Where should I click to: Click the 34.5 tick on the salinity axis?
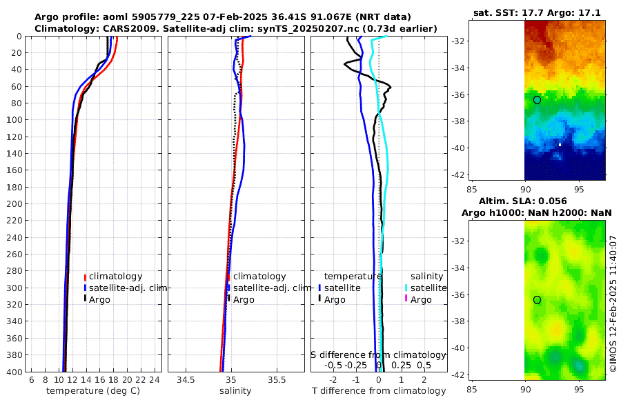(x=186, y=379)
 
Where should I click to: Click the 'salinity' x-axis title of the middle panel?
(x=235, y=391)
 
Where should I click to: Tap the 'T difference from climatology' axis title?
(x=379, y=391)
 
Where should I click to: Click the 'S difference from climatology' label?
(x=378, y=354)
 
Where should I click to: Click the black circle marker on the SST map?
(x=537, y=100)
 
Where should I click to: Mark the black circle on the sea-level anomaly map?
(x=537, y=300)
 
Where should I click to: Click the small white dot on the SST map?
(x=560, y=145)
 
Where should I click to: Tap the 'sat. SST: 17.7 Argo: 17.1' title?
(x=536, y=13)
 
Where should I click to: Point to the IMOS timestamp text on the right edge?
(x=613, y=303)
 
